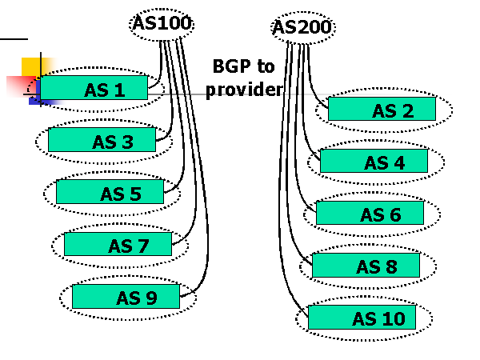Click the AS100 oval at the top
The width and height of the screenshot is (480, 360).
click(x=162, y=23)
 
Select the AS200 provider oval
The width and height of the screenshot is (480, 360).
click(x=302, y=28)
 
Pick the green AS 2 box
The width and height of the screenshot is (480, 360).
click(x=382, y=109)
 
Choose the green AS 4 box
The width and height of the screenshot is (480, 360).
click(x=374, y=162)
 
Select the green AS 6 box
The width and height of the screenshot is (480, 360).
click(x=370, y=214)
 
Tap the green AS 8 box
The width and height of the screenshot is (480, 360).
click(x=366, y=266)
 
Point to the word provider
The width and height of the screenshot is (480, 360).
click(x=244, y=89)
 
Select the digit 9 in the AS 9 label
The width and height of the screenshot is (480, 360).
click(x=151, y=298)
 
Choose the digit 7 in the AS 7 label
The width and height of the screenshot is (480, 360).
click(x=143, y=246)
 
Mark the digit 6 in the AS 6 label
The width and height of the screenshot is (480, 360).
click(x=394, y=215)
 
